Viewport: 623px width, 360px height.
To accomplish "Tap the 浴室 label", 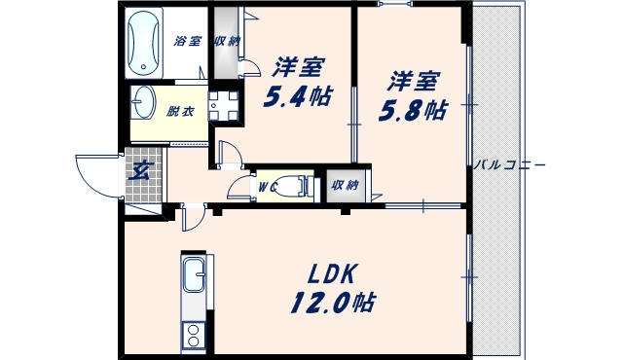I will click(x=187, y=42).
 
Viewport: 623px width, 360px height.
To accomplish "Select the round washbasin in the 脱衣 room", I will click(x=146, y=101).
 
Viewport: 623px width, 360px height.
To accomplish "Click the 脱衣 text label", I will click(x=181, y=111).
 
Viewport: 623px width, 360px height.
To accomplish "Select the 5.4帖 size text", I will click(x=297, y=97).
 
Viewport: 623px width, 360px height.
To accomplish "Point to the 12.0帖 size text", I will click(x=331, y=302).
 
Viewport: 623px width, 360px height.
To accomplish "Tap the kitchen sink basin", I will click(x=193, y=277).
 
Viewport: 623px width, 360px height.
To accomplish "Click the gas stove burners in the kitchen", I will click(x=193, y=336).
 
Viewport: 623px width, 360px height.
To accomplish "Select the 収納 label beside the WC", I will click(x=343, y=185).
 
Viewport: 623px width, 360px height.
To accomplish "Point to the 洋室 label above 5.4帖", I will click(x=297, y=68).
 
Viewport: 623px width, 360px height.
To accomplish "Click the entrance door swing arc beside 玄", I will click(x=95, y=173).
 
